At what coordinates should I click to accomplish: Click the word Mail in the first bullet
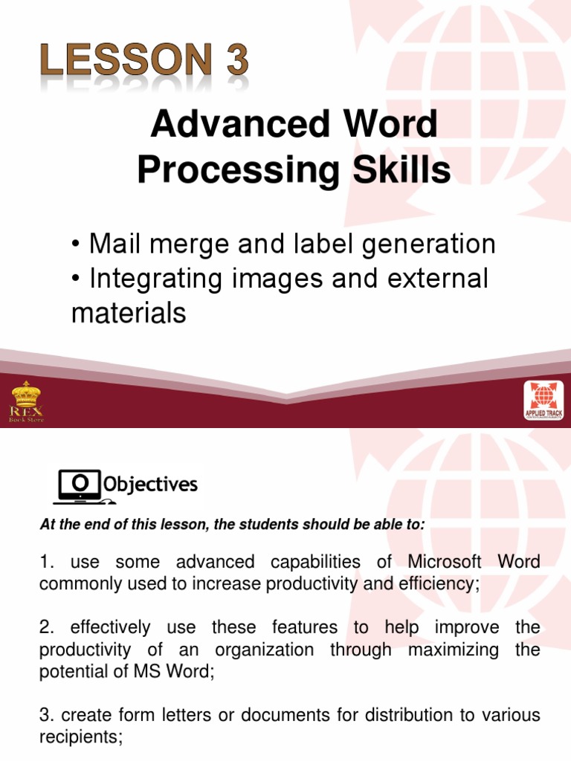[x=114, y=244]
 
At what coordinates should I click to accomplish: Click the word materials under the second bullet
[x=128, y=313]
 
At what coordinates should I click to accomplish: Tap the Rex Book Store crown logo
[x=26, y=401]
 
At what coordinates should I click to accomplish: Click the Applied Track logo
[x=543, y=401]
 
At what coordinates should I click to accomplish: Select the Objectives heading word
[x=150, y=485]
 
